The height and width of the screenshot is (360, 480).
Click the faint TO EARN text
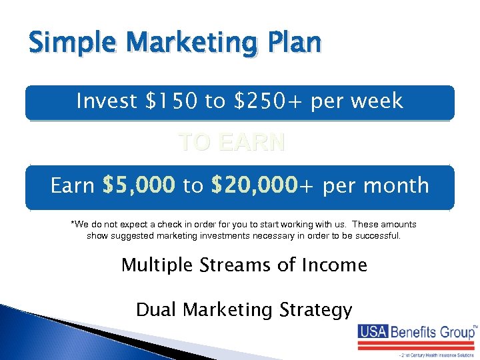pos(232,142)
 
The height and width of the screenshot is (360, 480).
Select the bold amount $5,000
pos(139,185)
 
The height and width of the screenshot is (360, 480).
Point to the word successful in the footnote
pos(374,236)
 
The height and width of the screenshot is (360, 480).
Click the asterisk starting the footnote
pos(73,224)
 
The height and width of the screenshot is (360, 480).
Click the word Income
pos(333,265)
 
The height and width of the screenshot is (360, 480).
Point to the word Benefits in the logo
pos(415,331)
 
